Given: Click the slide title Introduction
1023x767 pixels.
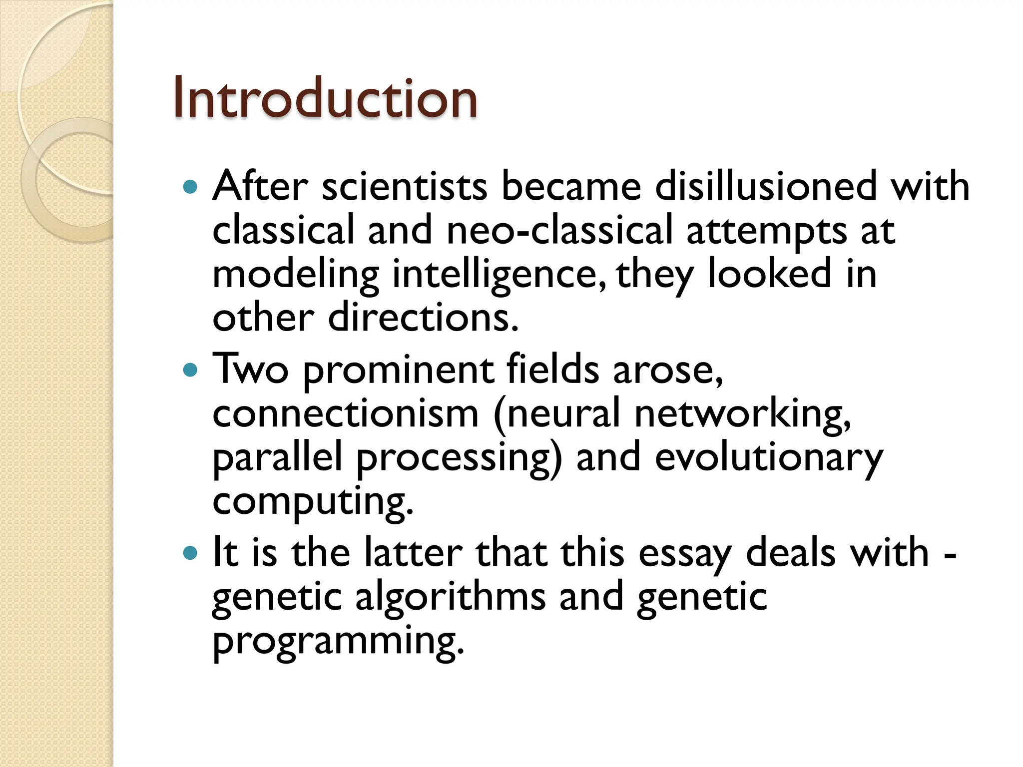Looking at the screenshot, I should [325, 98].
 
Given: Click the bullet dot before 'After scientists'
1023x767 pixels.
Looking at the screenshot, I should [190, 187].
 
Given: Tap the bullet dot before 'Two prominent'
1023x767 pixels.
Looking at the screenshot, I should [190, 370].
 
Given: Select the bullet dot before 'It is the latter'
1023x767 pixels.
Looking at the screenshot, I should [190, 553].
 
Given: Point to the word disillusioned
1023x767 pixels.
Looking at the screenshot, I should [766, 186].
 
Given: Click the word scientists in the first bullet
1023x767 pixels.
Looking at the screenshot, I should [404, 186].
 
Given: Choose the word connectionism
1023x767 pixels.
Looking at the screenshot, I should [346, 413].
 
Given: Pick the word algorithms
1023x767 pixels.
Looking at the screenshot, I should [450, 598].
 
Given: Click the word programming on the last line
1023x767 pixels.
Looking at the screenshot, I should [338, 642].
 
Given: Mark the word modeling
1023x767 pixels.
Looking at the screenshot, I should [295, 275].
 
